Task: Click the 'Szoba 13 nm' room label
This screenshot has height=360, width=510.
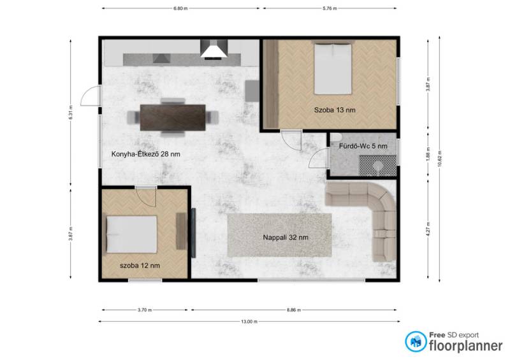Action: pos(334,110)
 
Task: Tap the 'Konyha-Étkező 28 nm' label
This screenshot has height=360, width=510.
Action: pos(145,154)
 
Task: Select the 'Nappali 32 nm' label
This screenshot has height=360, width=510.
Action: pos(286,238)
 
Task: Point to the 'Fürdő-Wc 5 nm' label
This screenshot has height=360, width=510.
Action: pos(363,146)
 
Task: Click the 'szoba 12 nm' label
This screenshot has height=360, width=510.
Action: pos(140,265)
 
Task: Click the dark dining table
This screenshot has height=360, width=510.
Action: pos(173,117)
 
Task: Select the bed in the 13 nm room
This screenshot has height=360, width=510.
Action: pos(333,69)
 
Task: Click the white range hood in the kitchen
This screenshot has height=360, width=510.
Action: pos(214,51)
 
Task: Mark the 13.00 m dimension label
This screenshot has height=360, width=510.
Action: pos(249,322)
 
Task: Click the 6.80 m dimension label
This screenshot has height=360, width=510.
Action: pos(180,8)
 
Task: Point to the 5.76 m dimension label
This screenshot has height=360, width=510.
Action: pos(330,8)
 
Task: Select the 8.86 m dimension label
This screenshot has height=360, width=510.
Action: pos(294,310)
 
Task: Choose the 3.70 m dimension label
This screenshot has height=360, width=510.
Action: pos(145,310)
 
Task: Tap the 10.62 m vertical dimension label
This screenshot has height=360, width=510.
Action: pos(439,159)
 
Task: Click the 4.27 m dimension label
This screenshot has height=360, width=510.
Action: pos(428,229)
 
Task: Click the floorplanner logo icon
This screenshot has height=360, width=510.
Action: pos(416,342)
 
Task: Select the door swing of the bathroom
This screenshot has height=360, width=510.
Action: pos(319,159)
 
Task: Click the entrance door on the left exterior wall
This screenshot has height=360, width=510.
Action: pos(91,96)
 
